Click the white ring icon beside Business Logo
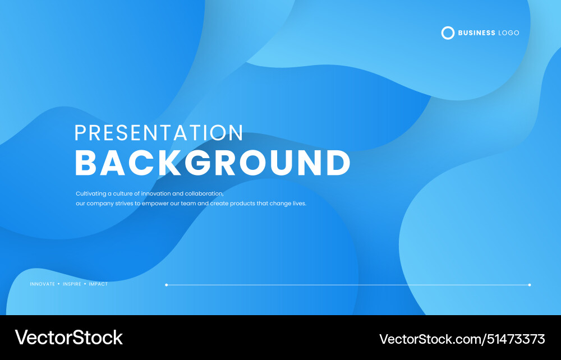tap(448, 33)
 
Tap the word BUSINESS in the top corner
tap(476, 33)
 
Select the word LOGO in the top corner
tap(509, 33)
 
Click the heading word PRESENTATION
tap(159, 133)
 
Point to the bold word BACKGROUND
tap(213, 163)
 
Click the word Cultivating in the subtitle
tap(90, 193)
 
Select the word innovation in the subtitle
tap(155, 193)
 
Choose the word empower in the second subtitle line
tap(155, 204)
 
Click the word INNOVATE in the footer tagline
tap(43, 284)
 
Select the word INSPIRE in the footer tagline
tap(72, 284)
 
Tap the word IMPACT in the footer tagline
tap(98, 284)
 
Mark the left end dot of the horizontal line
tap(167, 285)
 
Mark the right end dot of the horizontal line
tap(530, 285)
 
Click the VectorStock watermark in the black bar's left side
tap(68, 338)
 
